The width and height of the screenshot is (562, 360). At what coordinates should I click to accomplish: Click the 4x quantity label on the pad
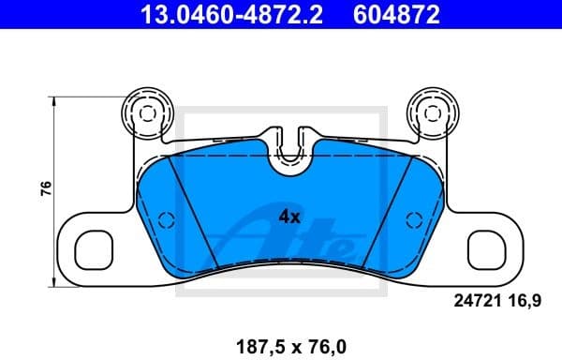(x=288, y=217)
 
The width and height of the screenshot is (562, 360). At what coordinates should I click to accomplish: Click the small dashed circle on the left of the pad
(x=166, y=220)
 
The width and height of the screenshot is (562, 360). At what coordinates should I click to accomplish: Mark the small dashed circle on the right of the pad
(x=411, y=220)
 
